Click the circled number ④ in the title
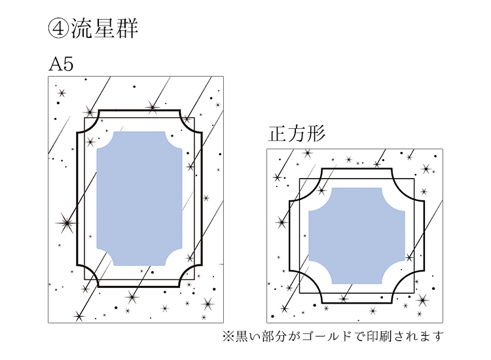tap(58, 28)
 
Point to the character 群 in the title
tap(126, 28)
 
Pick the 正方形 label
tap(297, 134)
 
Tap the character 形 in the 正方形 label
tap(316, 134)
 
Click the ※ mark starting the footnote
tap(228, 336)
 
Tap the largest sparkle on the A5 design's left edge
tap(65, 223)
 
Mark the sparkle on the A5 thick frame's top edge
tap(153, 107)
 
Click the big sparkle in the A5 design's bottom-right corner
tap(208, 303)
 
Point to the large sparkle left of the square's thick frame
tap(282, 223)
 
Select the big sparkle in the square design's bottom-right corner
tap(423, 300)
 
